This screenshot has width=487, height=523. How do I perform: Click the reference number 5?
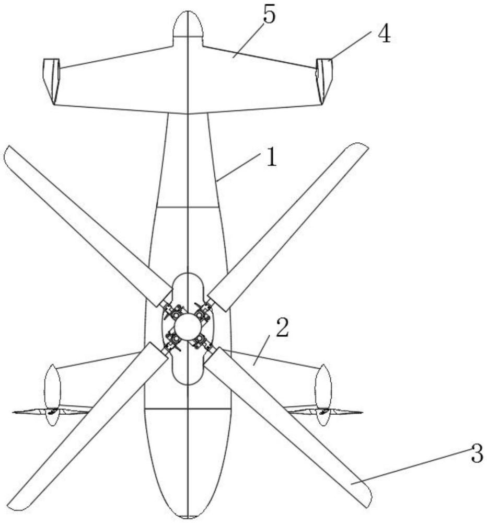tap(269, 16)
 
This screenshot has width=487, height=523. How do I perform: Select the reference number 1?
tap(270, 157)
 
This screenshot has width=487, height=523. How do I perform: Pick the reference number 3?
tap(476, 454)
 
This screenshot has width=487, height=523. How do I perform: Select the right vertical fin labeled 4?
tap(324, 78)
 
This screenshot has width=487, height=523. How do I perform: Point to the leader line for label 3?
tap(413, 468)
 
